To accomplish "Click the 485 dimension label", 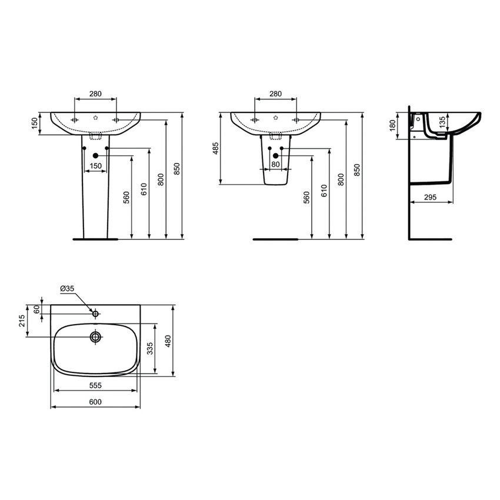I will (x=216, y=148).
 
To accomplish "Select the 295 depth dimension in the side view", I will (x=429, y=198).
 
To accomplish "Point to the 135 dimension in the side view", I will (x=442, y=121).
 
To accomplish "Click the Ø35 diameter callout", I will (x=67, y=288).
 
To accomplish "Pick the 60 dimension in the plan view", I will (x=37, y=309).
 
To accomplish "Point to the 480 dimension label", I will (x=169, y=341).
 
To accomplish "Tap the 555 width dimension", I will (x=96, y=385).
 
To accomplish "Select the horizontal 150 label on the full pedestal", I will (x=95, y=166).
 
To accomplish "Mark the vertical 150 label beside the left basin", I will (x=35, y=124).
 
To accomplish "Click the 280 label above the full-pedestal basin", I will (x=96, y=94).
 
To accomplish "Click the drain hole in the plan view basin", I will (x=95, y=337).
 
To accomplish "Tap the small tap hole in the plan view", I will (x=95, y=314).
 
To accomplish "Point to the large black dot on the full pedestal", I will (x=95, y=155).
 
